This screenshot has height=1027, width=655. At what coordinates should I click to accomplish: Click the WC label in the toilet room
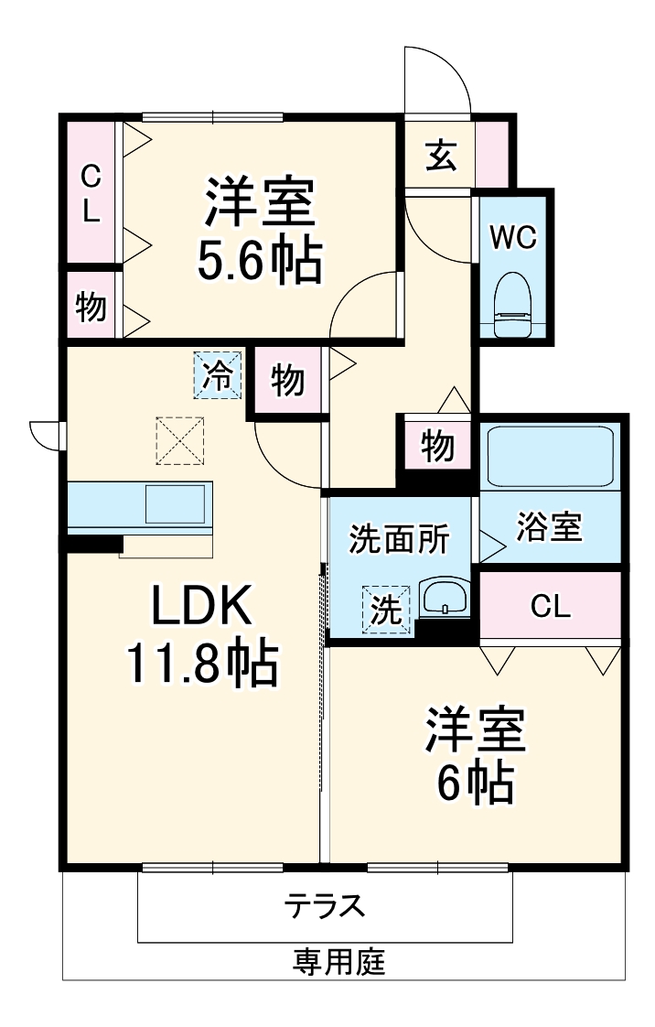click(x=511, y=237)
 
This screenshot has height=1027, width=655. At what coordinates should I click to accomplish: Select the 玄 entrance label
click(x=440, y=156)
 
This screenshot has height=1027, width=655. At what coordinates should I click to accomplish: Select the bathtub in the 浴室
click(x=549, y=456)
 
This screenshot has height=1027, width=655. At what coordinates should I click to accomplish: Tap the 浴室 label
click(x=549, y=527)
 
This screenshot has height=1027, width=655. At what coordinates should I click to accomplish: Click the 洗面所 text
click(x=400, y=539)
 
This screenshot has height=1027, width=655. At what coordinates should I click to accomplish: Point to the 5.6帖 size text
click(x=260, y=262)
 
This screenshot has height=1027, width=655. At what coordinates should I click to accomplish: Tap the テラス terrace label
click(x=325, y=906)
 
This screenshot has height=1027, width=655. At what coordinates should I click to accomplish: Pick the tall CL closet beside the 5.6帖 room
click(x=90, y=193)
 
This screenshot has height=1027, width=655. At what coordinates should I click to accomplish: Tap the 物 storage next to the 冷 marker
click(x=287, y=380)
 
